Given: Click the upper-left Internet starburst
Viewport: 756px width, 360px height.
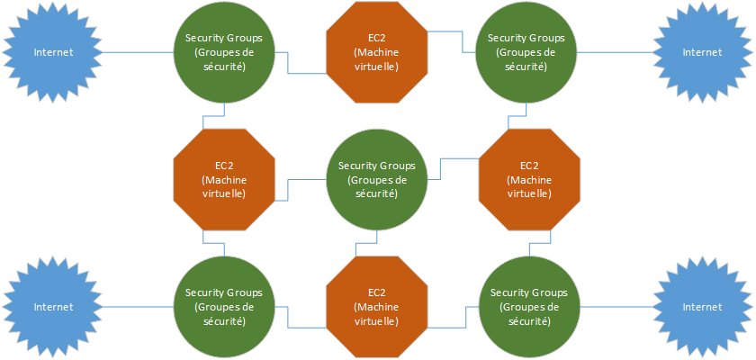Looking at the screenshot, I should (53, 52).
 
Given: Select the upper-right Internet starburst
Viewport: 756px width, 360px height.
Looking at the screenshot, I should (702, 52).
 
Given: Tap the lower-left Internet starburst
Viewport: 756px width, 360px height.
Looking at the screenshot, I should (53, 307).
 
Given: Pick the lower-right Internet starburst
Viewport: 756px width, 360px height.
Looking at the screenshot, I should (702, 307).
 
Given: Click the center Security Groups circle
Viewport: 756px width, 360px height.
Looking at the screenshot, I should (376, 180).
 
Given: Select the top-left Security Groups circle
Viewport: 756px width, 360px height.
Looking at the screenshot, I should (223, 52).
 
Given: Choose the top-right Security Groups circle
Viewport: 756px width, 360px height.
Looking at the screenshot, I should (526, 52).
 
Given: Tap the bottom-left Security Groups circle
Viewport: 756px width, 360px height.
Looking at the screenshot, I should (223, 307).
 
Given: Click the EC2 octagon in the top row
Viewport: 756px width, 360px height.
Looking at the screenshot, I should (376, 52).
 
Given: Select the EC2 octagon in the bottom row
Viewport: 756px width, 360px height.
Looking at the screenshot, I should (376, 307).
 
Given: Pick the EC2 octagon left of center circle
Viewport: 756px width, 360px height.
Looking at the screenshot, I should (223, 180).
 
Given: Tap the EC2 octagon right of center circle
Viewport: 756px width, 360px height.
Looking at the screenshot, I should (529, 180).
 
